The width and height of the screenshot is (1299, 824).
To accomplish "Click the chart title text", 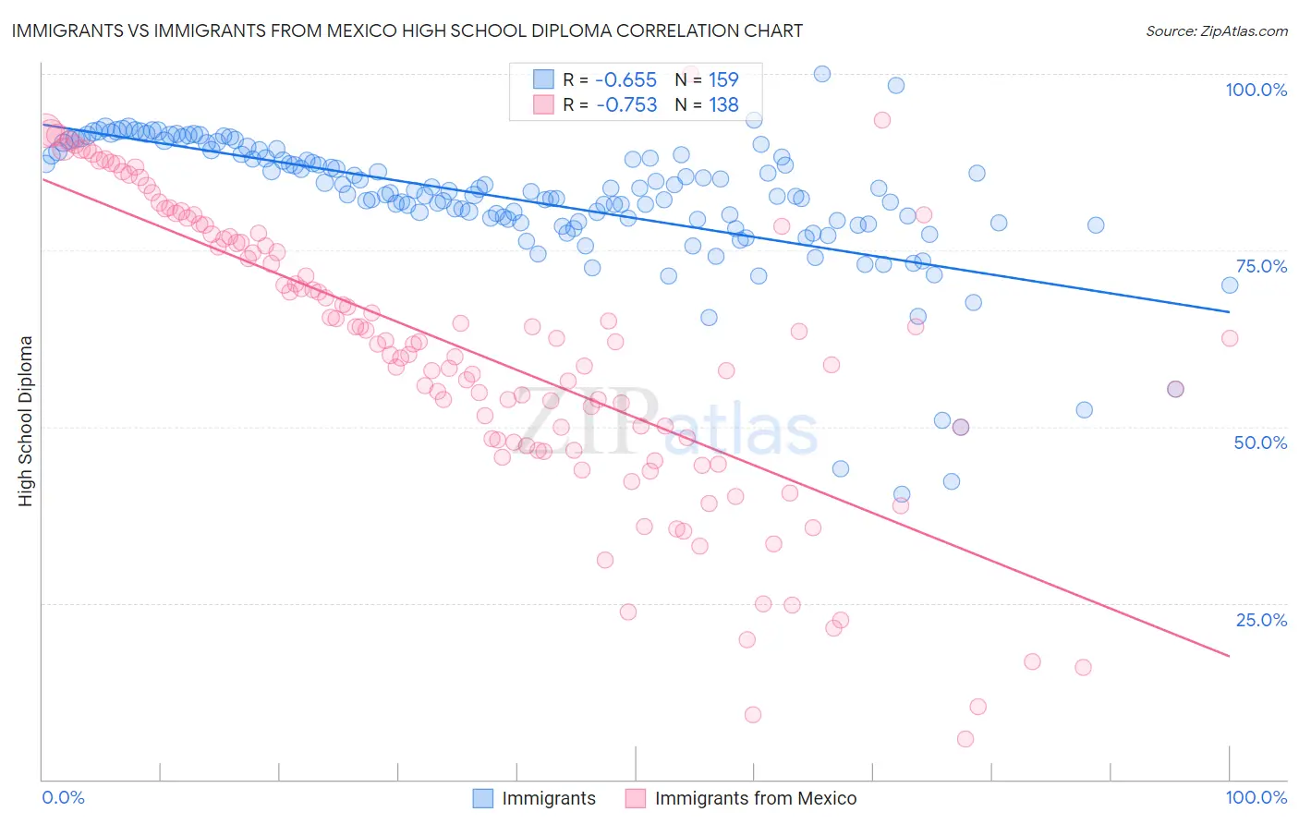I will tap(407, 30).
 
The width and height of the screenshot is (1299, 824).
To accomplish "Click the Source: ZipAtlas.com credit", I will tap(1216, 30).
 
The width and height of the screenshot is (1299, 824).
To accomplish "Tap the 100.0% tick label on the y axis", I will tap(1256, 90).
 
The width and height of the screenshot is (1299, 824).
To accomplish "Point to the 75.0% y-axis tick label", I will tap(1261, 266).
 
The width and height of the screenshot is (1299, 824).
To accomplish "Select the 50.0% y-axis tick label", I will tap(1260, 442).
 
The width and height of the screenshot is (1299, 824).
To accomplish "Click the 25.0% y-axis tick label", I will tap(1261, 620).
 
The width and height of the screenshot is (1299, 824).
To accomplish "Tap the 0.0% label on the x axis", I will tap(63, 797).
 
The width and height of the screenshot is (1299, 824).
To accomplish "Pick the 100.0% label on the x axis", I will tap(1256, 797).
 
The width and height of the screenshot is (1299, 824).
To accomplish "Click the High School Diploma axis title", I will tap(26, 420).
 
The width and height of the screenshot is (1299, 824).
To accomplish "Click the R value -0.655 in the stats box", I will tap(626, 80).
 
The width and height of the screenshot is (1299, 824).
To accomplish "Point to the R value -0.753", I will tap(626, 105).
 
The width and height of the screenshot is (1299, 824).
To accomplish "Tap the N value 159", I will tap(723, 80).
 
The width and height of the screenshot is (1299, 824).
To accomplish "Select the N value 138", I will tap(723, 105).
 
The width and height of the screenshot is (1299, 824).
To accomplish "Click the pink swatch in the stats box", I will tap(543, 104).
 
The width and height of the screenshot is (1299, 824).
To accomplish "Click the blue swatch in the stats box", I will tap(543, 79).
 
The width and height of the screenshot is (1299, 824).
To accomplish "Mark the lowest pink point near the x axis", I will tap(965, 739).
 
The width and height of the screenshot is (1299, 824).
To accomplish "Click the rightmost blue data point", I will tap(1230, 285).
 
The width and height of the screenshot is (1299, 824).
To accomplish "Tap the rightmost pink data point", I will tap(1230, 338).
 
